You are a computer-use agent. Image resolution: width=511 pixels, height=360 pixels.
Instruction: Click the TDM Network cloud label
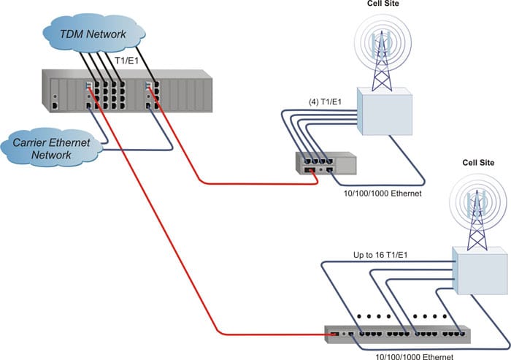[x=93, y=34]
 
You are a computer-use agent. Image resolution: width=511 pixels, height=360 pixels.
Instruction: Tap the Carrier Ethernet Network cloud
[x=51, y=148]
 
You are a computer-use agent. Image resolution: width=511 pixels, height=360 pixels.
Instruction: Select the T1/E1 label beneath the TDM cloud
[x=127, y=61]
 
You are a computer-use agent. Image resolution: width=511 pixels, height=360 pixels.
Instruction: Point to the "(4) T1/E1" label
[x=325, y=102]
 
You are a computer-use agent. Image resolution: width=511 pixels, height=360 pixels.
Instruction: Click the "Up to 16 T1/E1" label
[x=380, y=255]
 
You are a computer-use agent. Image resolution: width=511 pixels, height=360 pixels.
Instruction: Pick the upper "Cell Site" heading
[x=383, y=4]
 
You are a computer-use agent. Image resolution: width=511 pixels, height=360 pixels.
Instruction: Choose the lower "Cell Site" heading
[x=478, y=163]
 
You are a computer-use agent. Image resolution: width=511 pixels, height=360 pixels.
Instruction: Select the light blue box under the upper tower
[x=385, y=111]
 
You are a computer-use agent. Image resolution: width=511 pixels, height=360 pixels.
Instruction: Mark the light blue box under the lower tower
[x=480, y=271]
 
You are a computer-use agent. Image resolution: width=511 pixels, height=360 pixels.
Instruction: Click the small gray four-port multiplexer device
[x=326, y=164]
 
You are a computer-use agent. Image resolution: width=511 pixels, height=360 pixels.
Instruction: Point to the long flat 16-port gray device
[x=398, y=334]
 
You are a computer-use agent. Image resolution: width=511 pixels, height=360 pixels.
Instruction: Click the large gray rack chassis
[x=127, y=91]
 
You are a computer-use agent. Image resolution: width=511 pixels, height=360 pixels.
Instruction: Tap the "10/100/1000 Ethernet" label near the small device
[x=383, y=194]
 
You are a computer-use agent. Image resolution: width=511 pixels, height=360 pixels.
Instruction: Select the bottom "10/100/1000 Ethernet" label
[x=414, y=357]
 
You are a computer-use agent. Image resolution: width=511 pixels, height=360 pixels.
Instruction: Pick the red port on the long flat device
[x=334, y=334]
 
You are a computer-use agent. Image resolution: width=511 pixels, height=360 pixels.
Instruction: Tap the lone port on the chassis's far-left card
[x=55, y=106]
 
